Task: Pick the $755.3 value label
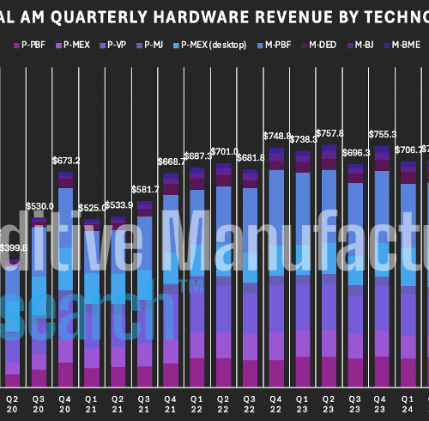pyautogui.click(x=381, y=134)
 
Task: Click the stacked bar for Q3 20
pyautogui.click(x=39, y=301)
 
